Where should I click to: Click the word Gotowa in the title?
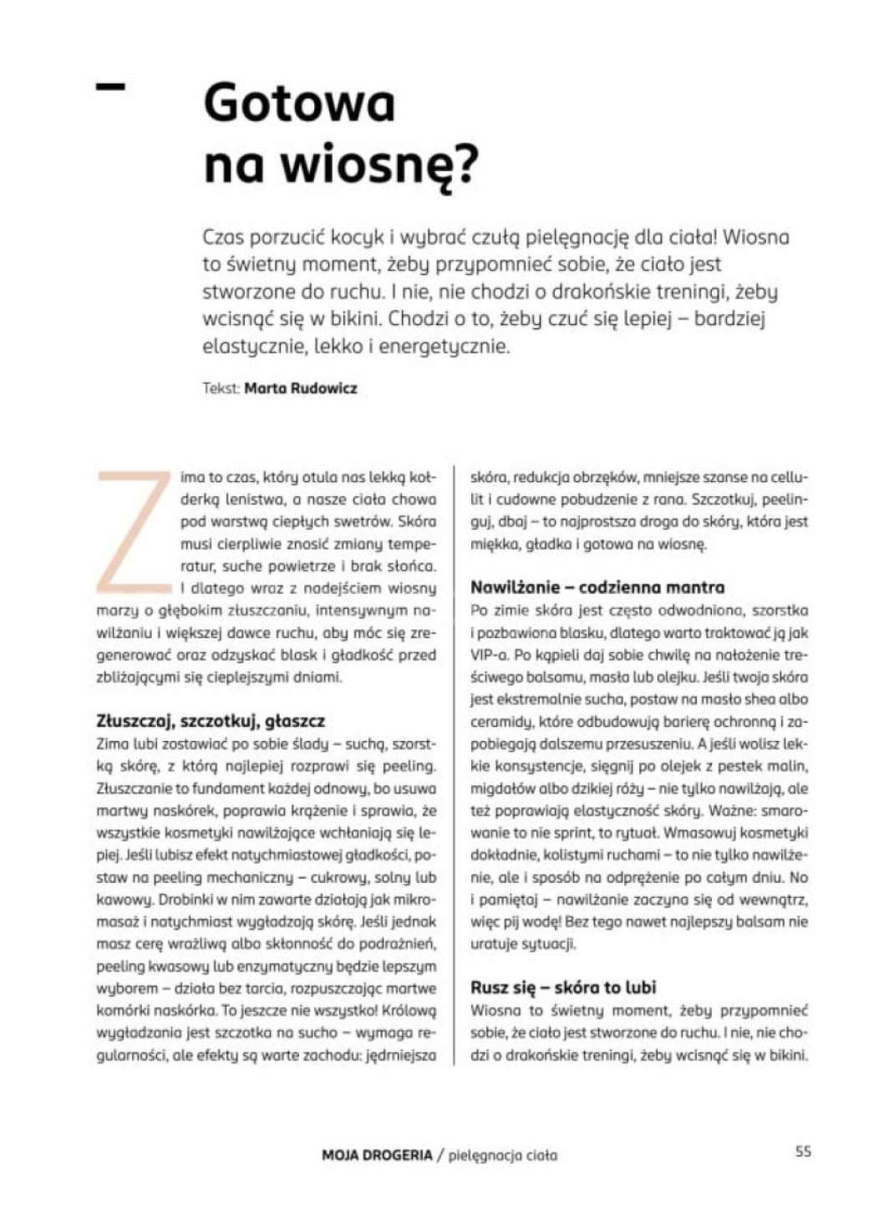[298, 103]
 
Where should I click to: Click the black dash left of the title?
[111, 86]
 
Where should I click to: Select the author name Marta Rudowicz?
[300, 388]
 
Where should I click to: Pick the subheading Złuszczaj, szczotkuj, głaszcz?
[211, 721]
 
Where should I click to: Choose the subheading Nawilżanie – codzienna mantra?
[597, 587]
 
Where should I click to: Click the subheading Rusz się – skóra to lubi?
[563, 987]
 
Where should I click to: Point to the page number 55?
[802, 1151]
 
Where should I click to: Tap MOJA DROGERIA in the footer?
[377, 1155]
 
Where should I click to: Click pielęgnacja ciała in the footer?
[503, 1156]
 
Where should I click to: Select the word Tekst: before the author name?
[221, 388]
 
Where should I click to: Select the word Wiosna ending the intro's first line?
[755, 237]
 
